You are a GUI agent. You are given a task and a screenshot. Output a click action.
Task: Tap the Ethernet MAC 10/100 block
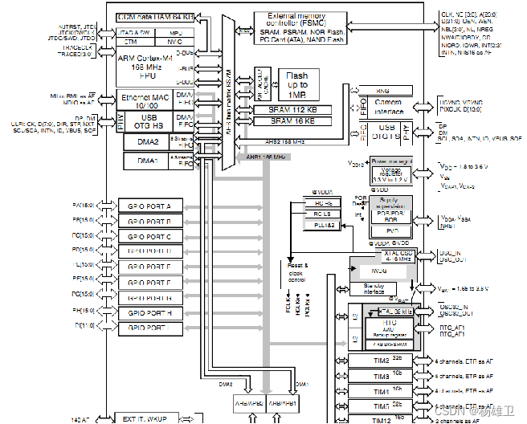pyautogui.click(x=145, y=100)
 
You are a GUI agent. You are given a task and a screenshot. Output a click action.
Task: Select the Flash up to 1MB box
pyautogui.click(x=296, y=84)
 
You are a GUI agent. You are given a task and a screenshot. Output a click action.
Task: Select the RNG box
pyautogui.click(x=382, y=92)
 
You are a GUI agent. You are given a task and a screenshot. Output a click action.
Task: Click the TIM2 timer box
pyautogui.click(x=381, y=361)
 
